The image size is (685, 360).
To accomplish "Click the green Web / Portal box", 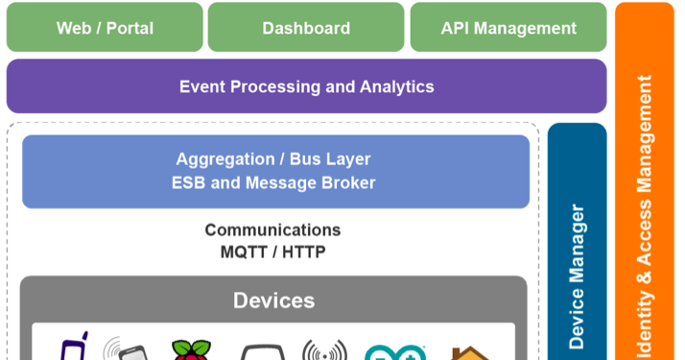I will pyautogui.click(x=105, y=28).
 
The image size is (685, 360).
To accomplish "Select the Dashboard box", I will pyautogui.click(x=306, y=28).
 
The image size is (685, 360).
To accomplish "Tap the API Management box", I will pyautogui.click(x=508, y=28).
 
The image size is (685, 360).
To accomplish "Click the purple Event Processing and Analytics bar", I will pyautogui.click(x=306, y=86).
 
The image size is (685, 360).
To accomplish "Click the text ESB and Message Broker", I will pyautogui.click(x=273, y=182).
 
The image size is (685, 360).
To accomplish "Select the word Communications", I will pyautogui.click(x=272, y=230).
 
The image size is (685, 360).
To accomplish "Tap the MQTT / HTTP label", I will pyautogui.click(x=272, y=252).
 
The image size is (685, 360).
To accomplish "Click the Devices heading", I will pyautogui.click(x=273, y=300).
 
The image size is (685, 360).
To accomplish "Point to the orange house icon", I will pyautogui.click(x=470, y=352).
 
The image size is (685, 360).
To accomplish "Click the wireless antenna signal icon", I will pyautogui.click(x=324, y=351).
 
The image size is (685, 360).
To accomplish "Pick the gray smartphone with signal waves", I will pyautogui.click(x=127, y=349).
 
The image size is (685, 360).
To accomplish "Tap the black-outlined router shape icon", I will pyautogui.click(x=259, y=353).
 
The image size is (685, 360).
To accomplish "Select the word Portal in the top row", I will pyautogui.click(x=130, y=28).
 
